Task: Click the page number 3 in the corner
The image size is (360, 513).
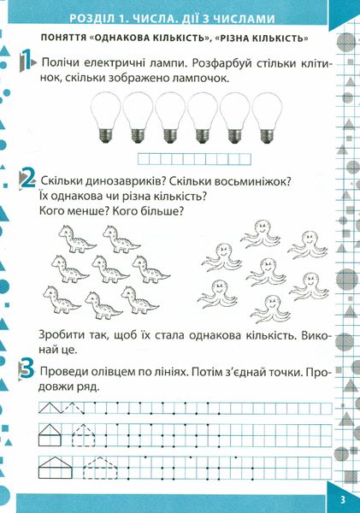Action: tap(343, 500)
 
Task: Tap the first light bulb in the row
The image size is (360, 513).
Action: tap(105, 117)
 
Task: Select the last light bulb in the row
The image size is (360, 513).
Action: tap(267, 117)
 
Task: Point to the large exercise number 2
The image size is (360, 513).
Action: tap(27, 180)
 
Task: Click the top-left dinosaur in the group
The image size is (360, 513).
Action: tap(77, 239)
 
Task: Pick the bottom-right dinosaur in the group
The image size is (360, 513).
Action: tap(139, 300)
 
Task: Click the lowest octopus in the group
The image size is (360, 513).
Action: tap(270, 309)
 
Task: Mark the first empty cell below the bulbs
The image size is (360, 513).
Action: tap(144, 159)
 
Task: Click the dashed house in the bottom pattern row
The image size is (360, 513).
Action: tap(100, 468)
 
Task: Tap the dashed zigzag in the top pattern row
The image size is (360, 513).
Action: tap(74, 408)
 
